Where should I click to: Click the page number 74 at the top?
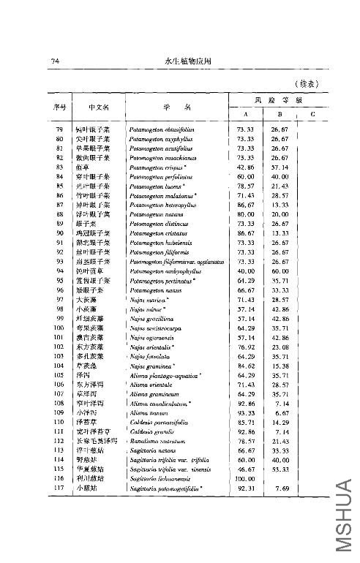click(54, 60)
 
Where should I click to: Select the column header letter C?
click(312, 114)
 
